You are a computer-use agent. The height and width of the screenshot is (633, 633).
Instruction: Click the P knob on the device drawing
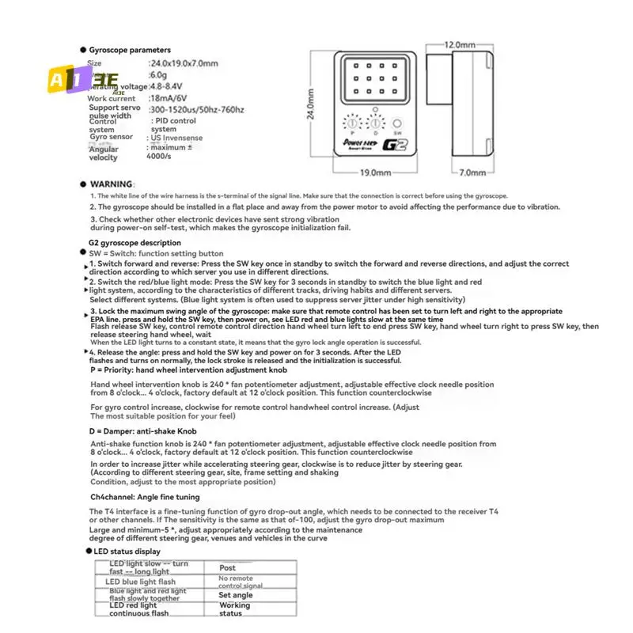(x=349, y=125)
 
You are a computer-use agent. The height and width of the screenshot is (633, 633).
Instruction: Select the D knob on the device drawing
(x=373, y=125)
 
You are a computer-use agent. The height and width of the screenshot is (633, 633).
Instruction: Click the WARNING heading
(x=112, y=184)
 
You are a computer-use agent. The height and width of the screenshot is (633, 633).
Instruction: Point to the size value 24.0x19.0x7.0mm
(x=184, y=63)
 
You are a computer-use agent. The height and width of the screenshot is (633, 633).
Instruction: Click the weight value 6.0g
(x=158, y=74)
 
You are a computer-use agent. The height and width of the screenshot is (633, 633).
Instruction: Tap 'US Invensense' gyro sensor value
(x=176, y=138)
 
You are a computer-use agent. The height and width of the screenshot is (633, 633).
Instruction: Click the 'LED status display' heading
(x=127, y=551)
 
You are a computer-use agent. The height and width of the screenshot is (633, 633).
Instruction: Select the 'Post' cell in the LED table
(x=228, y=567)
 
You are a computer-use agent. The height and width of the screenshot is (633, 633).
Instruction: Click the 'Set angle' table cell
(x=236, y=595)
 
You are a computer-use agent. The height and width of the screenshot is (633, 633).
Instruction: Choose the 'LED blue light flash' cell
(x=141, y=582)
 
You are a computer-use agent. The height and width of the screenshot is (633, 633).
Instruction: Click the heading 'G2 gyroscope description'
(x=135, y=243)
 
